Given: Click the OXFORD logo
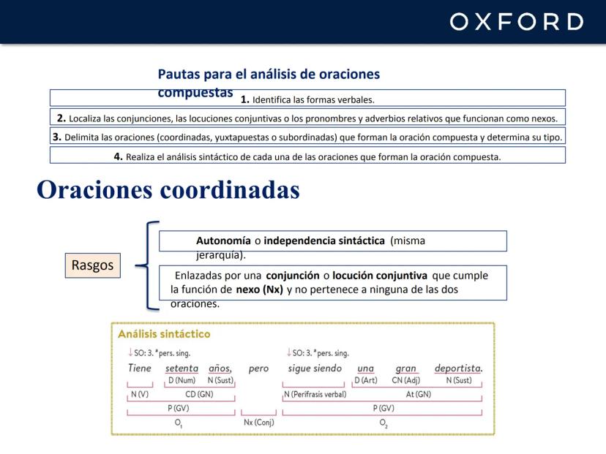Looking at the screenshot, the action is point(517,22).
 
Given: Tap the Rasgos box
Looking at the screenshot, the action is point(93,265).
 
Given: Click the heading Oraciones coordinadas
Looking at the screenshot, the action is point(168,189).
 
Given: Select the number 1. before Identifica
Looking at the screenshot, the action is point(245,99).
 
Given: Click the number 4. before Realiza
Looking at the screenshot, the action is point(119,156).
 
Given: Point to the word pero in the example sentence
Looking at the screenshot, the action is point(258,368).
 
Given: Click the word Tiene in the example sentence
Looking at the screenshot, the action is point(140,368).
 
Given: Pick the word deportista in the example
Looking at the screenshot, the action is point(458,368).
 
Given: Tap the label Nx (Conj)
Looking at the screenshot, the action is point(259,423).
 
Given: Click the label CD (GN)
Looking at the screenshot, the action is point(199,394).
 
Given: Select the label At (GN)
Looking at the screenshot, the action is point(419,394).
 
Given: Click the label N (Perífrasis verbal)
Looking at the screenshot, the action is point(315,394).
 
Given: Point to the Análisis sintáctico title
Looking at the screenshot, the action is point(164,334).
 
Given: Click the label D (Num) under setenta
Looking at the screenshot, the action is point(182,380).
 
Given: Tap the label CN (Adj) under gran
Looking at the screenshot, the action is point(405,380).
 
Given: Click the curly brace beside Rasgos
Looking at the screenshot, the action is point(147,265).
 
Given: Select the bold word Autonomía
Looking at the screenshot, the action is point(223,241).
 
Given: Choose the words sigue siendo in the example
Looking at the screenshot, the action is point(315,368).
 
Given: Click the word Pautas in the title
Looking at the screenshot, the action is point(179,74).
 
